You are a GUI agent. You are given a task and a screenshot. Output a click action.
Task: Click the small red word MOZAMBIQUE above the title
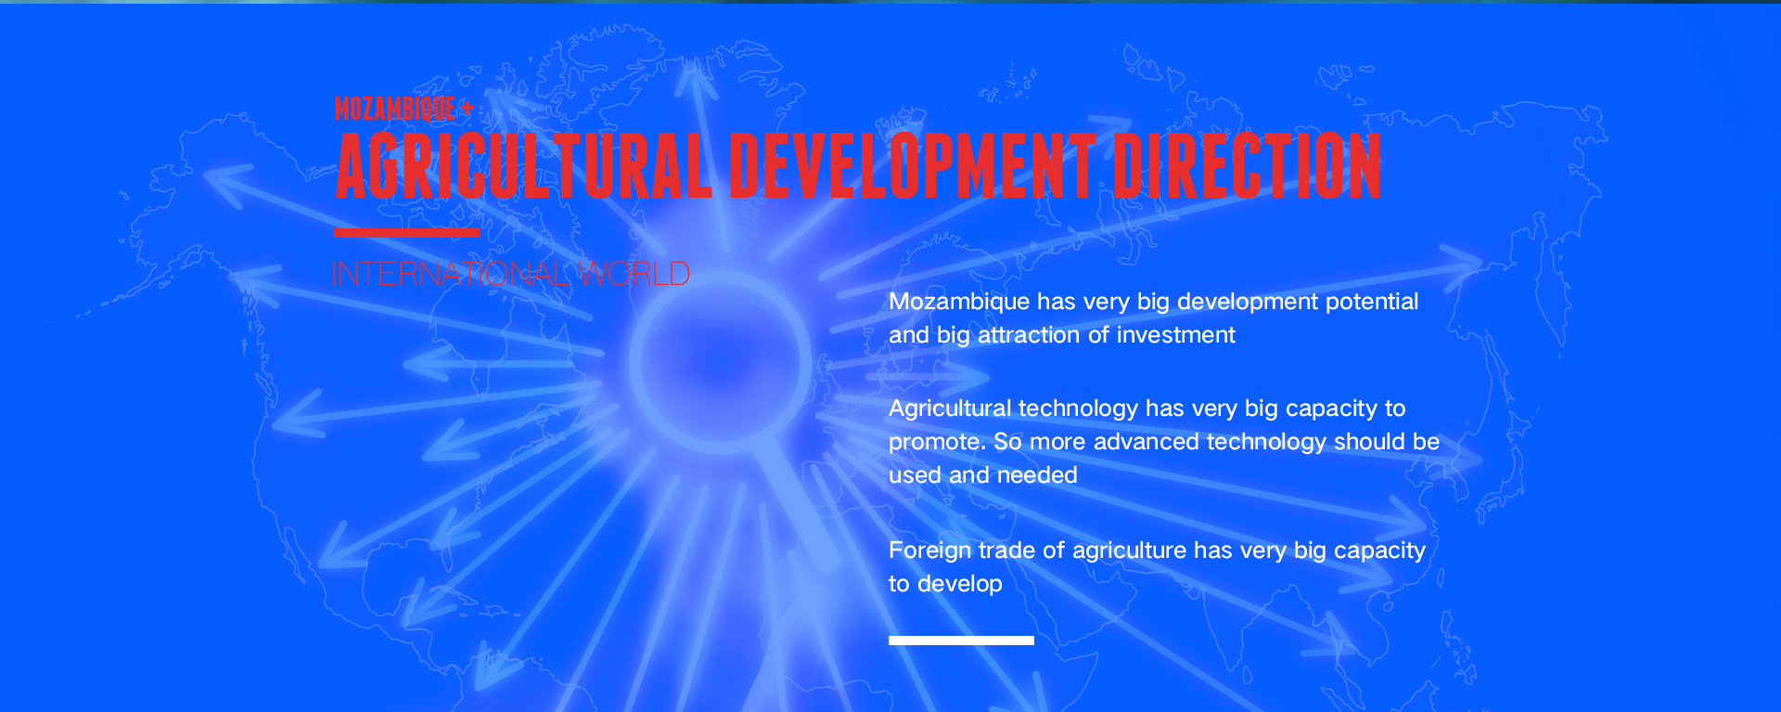click(x=395, y=109)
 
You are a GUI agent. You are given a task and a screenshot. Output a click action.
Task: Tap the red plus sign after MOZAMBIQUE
click(x=467, y=110)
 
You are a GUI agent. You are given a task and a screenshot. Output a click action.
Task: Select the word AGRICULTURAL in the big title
click(x=524, y=166)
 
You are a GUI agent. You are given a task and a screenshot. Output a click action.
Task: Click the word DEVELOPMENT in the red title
click(x=913, y=166)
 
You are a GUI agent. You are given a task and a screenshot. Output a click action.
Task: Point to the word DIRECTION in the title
click(x=1248, y=166)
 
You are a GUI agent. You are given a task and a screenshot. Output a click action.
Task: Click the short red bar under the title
click(x=407, y=232)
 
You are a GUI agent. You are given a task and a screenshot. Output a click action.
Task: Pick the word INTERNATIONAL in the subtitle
click(x=452, y=274)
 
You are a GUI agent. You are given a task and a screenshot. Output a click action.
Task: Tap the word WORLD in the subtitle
click(x=634, y=274)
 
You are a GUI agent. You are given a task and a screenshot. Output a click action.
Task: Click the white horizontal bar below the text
click(x=961, y=641)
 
